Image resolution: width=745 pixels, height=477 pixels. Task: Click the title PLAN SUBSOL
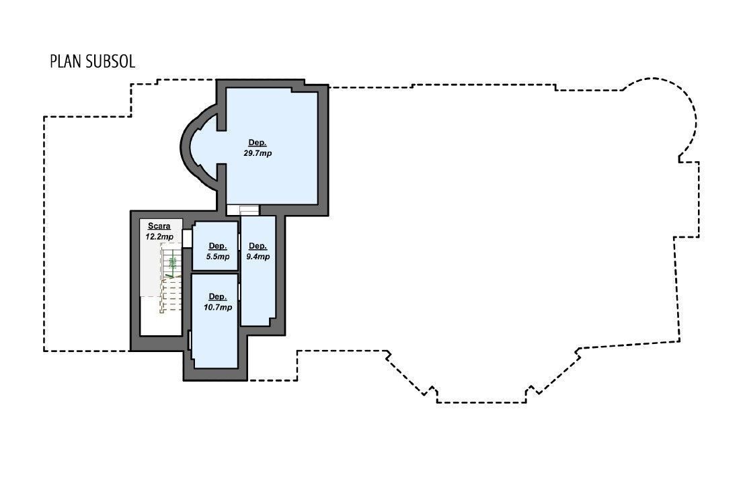click(x=93, y=62)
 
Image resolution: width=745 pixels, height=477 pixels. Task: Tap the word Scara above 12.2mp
click(x=159, y=226)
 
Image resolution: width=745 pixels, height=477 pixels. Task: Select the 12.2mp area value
click(x=159, y=236)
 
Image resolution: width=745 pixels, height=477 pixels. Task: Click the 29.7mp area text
click(x=258, y=153)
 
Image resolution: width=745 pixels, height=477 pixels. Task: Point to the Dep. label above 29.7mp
click(x=258, y=143)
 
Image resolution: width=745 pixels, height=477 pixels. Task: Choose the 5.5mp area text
click(x=218, y=256)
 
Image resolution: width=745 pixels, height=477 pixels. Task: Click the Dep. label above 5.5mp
click(x=218, y=246)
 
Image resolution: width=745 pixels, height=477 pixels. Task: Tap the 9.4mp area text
click(x=258, y=256)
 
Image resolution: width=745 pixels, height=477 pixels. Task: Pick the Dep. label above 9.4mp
click(x=258, y=246)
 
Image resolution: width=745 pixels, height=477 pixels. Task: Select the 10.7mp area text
click(x=218, y=307)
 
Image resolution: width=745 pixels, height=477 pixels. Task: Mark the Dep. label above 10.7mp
click(x=218, y=297)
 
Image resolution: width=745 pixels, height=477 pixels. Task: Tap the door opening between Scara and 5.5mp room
click(x=187, y=238)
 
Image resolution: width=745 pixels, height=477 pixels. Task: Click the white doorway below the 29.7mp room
click(x=243, y=210)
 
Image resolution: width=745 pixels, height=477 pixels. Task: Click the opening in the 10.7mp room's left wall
click(x=190, y=340)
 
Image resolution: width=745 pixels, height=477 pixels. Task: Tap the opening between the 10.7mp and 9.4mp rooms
click(x=239, y=292)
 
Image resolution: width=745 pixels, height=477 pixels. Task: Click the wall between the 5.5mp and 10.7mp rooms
click(x=214, y=272)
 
